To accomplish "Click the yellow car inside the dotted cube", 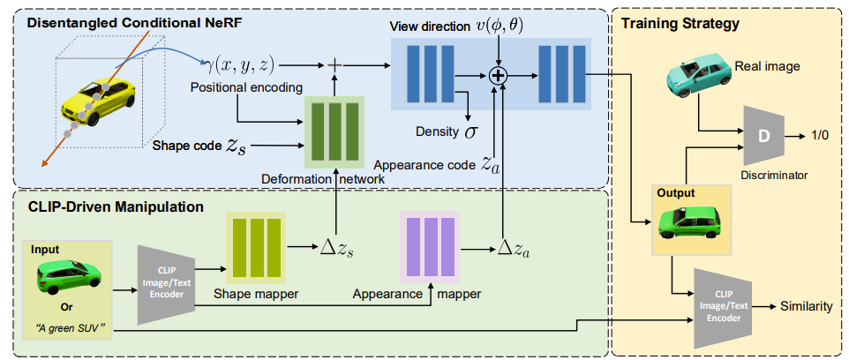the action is click(x=98, y=101).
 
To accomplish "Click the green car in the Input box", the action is click(x=68, y=277).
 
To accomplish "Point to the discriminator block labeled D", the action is click(x=763, y=136).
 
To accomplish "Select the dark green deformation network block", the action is click(x=334, y=131).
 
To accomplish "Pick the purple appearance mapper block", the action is click(x=431, y=247).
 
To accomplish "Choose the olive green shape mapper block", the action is click(x=257, y=248).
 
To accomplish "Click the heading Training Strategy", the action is click(x=680, y=24).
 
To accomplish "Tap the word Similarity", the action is click(x=806, y=307).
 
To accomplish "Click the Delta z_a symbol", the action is click(x=513, y=250).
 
